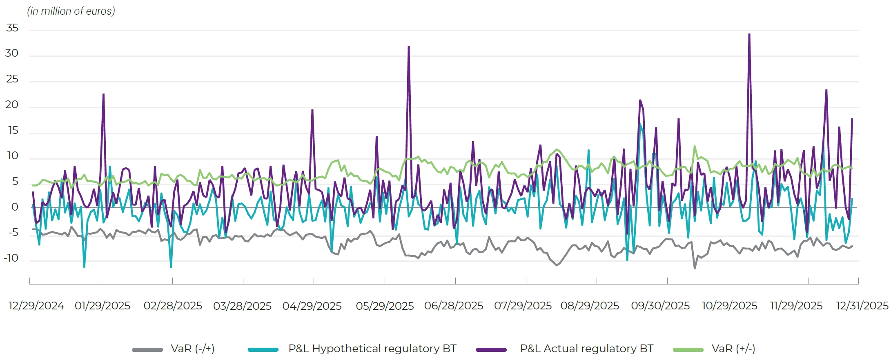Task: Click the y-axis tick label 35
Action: click(12, 28)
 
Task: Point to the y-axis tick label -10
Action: click(11, 258)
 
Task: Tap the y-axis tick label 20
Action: click(12, 105)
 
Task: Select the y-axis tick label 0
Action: click(15, 207)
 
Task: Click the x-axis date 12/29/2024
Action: click(36, 306)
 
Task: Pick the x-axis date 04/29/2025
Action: click(312, 306)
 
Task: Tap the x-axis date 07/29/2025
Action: click(523, 306)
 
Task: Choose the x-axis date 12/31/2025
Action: click(862, 306)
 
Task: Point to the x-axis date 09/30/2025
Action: click(660, 306)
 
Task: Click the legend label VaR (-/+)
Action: click(192, 349)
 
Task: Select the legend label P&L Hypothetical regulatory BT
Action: click(372, 349)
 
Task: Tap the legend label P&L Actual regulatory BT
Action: click(586, 349)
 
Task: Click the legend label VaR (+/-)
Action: click(733, 349)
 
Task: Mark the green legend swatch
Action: click(688, 349)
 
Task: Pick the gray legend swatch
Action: click(147, 349)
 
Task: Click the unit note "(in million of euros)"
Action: click(71, 11)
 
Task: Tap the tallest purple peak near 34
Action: click(749, 34)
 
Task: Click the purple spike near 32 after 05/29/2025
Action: click(409, 47)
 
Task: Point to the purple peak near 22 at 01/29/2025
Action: click(104, 94)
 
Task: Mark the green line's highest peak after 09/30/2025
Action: click(695, 147)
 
